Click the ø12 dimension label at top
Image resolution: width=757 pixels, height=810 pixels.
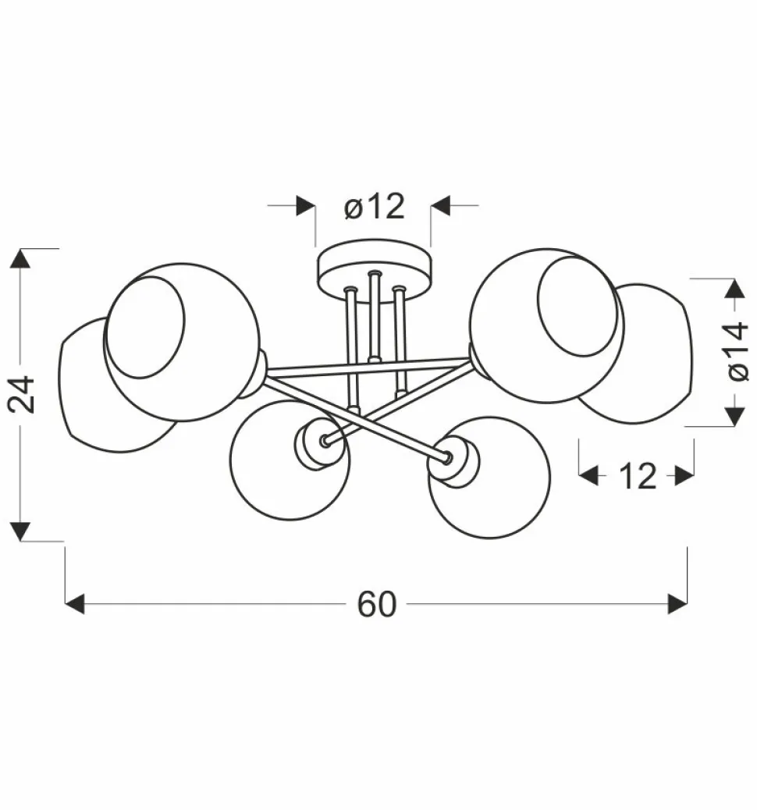point(375,207)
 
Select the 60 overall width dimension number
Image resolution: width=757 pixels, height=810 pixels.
point(377,604)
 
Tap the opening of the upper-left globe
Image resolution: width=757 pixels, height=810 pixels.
point(146,328)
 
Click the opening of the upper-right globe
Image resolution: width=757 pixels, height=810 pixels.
point(578,307)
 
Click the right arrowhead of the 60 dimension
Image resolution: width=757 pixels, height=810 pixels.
point(678,604)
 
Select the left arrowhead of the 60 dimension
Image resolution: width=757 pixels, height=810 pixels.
point(74,604)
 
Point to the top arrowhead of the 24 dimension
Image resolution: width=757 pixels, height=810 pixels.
point(21,258)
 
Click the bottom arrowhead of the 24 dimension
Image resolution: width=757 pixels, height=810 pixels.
point(21,531)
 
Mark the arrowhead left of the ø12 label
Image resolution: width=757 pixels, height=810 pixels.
point(305,206)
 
